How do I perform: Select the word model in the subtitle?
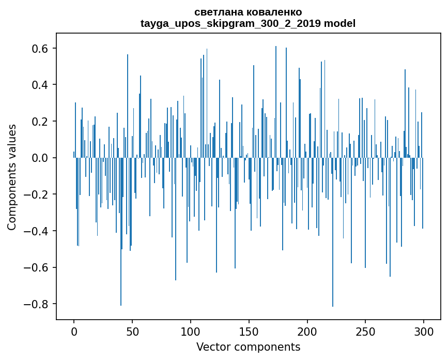(x=340, y=24)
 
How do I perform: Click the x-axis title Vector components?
(x=248, y=347)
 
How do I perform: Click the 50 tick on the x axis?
(x=132, y=331)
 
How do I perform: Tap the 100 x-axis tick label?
(x=191, y=331)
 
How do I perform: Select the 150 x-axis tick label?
(x=249, y=331)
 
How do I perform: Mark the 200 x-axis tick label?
(x=307, y=331)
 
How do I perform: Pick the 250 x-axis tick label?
(x=365, y=331)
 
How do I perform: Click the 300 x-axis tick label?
(x=424, y=331)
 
